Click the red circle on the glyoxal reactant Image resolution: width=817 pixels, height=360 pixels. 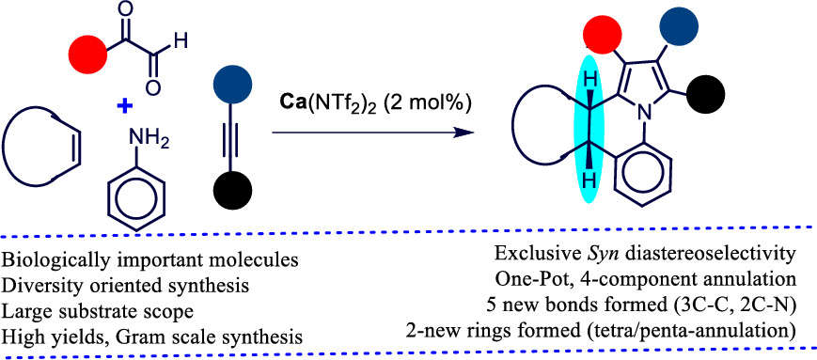click(x=88, y=53)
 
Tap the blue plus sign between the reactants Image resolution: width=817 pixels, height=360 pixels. click(x=122, y=105)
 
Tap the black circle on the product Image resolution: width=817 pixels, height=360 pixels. click(x=706, y=93)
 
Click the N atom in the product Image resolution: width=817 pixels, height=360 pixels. click(x=645, y=111)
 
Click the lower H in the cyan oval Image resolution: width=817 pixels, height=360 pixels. click(x=589, y=180)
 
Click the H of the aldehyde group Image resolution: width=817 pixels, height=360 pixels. click(x=181, y=41)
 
